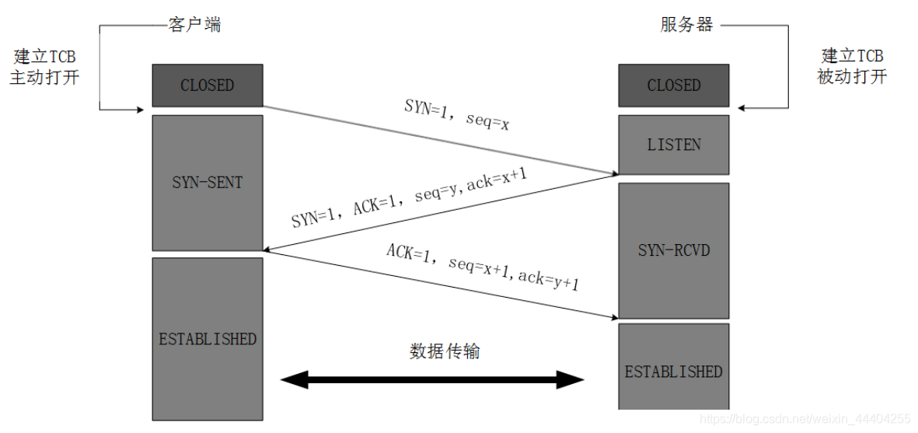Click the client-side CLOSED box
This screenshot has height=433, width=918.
point(207,86)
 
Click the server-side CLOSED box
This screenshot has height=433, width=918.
point(673,86)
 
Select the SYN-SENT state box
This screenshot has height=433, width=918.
point(207,183)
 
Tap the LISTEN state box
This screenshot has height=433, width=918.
point(673,145)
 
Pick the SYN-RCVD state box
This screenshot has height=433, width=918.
point(673,250)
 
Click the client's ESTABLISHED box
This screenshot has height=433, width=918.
point(207,339)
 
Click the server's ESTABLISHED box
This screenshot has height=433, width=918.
point(673,372)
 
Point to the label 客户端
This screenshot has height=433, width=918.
point(194,25)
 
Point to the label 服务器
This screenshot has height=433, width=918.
point(686,25)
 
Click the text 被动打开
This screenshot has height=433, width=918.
point(852,77)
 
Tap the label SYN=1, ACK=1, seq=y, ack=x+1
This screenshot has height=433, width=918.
point(410,198)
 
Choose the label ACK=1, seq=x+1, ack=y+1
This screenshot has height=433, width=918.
point(483,267)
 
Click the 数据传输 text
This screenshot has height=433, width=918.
point(445,351)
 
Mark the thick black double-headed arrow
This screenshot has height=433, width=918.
point(432,380)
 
